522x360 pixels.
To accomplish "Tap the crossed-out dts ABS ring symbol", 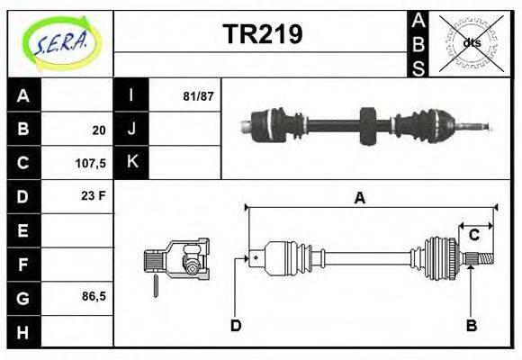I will (x=472, y=42).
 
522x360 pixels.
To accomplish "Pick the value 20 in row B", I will (x=98, y=130).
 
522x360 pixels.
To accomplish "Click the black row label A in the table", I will (x=23, y=95).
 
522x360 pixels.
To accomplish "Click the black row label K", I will (x=131, y=162).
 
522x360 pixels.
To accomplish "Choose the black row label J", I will (x=131, y=129).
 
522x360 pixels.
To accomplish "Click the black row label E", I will (x=23, y=230).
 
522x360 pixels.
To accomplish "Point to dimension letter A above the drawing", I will (x=360, y=198).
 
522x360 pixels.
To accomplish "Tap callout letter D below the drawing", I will (x=236, y=325).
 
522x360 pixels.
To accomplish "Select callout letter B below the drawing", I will (x=471, y=325).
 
